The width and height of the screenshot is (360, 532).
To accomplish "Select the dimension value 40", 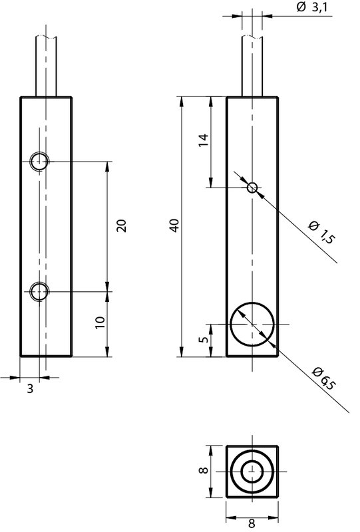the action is [174, 225].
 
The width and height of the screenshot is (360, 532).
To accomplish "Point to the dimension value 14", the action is [204, 140].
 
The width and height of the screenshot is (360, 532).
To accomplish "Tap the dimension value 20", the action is [122, 225].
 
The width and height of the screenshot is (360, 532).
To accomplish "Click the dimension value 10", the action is [100, 323].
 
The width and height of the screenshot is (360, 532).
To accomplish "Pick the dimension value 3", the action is [30, 389].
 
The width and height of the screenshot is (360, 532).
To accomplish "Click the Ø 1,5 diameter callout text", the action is [321, 231].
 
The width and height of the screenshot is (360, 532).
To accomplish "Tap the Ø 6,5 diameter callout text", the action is [325, 378].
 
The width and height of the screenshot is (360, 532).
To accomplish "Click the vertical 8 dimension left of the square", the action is [204, 471].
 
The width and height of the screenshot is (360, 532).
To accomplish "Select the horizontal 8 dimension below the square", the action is [252, 523].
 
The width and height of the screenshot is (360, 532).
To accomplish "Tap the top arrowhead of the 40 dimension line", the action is [182, 102].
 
